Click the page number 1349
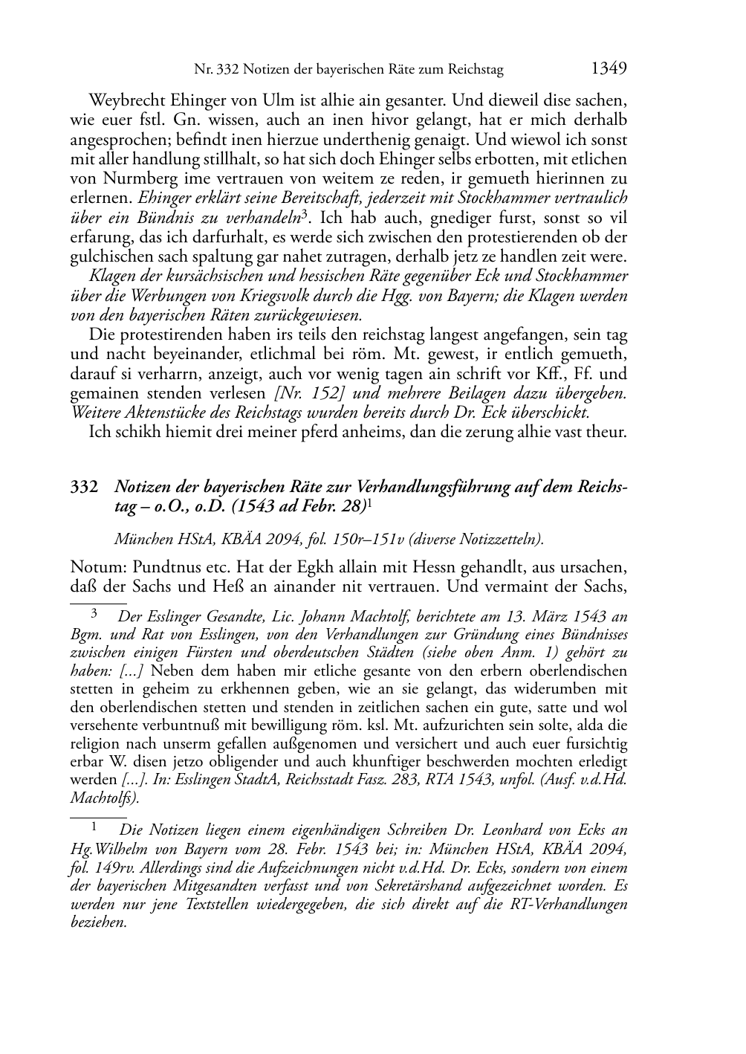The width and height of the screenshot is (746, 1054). pyautogui.click(x=609, y=69)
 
